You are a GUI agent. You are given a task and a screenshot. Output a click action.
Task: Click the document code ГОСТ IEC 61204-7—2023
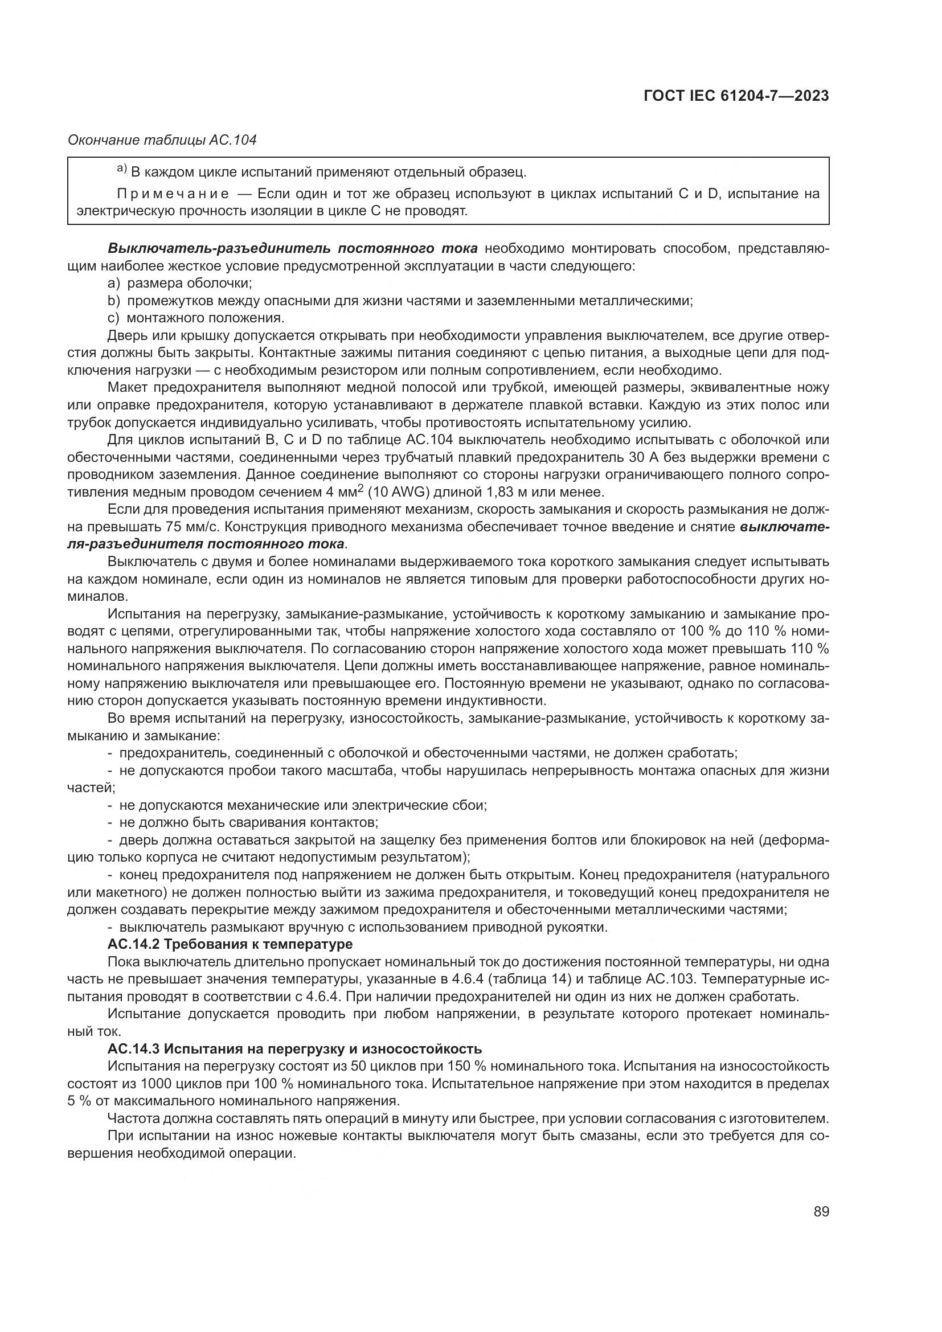(735, 96)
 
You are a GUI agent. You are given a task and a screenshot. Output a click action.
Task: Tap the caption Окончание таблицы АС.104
(162, 141)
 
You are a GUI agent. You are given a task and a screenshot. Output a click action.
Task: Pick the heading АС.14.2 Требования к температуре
(230, 944)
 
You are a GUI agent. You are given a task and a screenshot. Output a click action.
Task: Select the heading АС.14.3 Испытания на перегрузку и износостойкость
(294, 1048)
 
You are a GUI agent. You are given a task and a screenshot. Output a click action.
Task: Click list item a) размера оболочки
(180, 283)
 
